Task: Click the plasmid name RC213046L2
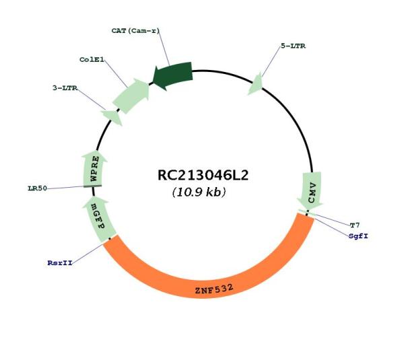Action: coord(203,175)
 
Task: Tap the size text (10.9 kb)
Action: coord(199,192)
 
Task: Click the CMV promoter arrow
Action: coord(310,191)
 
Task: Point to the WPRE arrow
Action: coord(94,169)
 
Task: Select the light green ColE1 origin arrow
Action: coord(131,96)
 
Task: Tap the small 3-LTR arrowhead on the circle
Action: coord(112,117)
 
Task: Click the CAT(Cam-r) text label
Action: coord(135,31)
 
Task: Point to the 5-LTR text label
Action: coord(293,46)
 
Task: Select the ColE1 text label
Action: coord(92,60)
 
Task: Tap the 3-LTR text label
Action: coord(65,88)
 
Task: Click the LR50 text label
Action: coord(38,188)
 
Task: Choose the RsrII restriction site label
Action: coord(60,263)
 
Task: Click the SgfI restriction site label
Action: coord(358,236)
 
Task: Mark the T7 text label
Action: coord(355,225)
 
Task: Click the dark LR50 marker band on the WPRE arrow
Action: coord(92,186)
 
